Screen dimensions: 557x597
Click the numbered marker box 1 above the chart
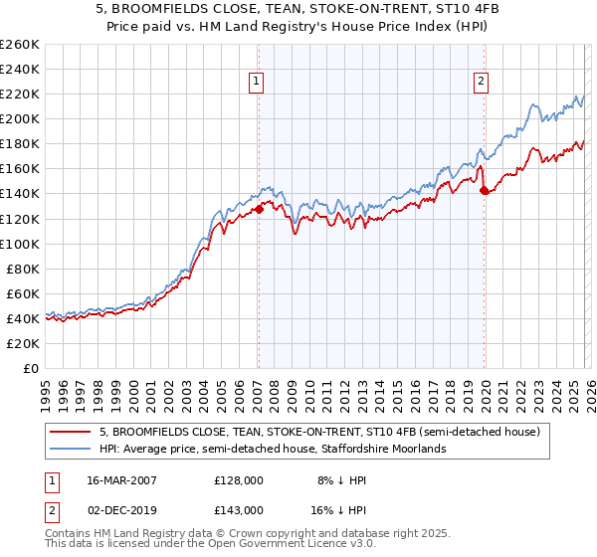click(x=257, y=82)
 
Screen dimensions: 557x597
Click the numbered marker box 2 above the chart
click(x=482, y=82)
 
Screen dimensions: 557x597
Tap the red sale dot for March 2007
click(x=259, y=209)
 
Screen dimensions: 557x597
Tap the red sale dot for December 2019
click(x=484, y=190)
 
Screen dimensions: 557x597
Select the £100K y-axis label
click(x=20, y=244)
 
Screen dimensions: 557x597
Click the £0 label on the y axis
click(x=31, y=368)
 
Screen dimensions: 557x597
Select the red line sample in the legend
click(x=72, y=432)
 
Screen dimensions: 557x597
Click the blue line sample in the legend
click(x=72, y=449)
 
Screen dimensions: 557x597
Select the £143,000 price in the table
click(x=239, y=509)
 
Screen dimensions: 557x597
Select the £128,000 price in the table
click(x=239, y=479)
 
